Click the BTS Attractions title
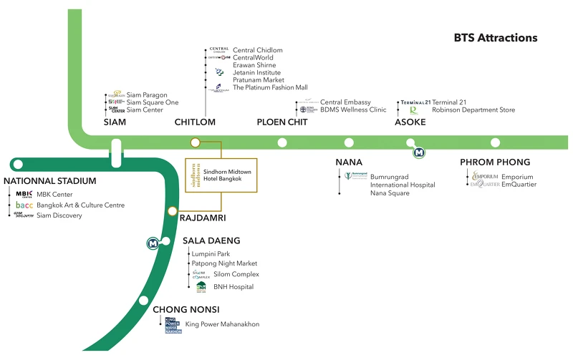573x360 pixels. pos(496,37)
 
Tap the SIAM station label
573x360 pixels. pos(115,122)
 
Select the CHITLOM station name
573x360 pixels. pos(195,122)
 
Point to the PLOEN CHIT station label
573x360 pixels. pos(282,122)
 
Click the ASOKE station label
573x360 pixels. pos(410,122)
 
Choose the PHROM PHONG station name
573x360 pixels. pos(495,162)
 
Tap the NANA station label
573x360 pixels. pos(349,162)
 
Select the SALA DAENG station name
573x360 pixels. pos(211,240)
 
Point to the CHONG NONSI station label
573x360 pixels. pos(186,309)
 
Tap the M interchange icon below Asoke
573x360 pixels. pos(418,152)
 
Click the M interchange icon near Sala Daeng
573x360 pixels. pos(153,243)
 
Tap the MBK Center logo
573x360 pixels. pos(24,194)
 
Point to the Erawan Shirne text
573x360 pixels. pos(254,64)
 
